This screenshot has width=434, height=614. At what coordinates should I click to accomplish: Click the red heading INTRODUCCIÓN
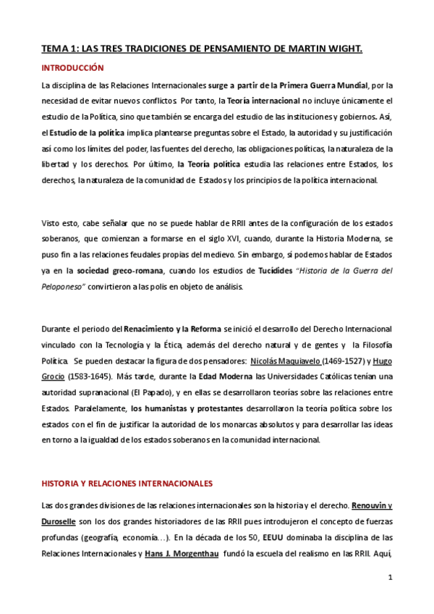(x=72, y=68)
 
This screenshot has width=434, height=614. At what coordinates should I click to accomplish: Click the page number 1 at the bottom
(x=390, y=577)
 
